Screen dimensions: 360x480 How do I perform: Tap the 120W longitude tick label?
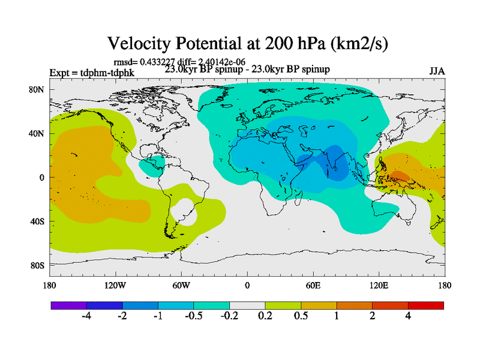[115, 285]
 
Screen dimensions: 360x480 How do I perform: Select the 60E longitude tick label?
[313, 285]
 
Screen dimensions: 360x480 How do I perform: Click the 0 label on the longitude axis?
[247, 285]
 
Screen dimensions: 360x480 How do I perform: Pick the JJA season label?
[437, 71]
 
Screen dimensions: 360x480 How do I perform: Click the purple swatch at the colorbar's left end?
[69, 305]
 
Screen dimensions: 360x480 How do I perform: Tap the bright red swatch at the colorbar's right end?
[426, 305]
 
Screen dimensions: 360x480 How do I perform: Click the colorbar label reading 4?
[408, 316]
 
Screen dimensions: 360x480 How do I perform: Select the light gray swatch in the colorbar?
[247, 305]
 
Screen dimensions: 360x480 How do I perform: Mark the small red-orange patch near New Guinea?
[401, 176]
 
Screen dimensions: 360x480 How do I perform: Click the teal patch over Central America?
[152, 163]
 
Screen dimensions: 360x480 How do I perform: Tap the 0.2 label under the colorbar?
[265, 316]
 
